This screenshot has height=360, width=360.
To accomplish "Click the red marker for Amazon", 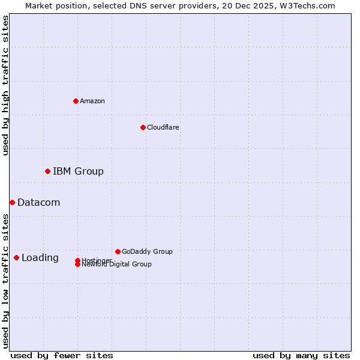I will click(x=76, y=101).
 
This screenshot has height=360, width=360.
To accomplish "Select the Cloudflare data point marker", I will click(x=143, y=127).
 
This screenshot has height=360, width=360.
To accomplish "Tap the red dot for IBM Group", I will click(x=47, y=172).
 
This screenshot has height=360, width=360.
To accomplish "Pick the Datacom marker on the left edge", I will click(x=12, y=203).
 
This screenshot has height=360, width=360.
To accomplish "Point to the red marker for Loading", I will click(x=16, y=258).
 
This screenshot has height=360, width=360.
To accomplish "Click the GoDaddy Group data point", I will click(x=118, y=251).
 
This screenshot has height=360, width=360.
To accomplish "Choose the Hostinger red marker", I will click(x=77, y=260).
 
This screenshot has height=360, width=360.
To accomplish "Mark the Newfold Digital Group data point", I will click(x=77, y=265).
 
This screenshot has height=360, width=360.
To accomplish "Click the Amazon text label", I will click(x=92, y=101).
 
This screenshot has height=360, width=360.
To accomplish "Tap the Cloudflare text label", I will click(x=163, y=127).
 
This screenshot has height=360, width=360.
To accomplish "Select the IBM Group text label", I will click(x=78, y=172).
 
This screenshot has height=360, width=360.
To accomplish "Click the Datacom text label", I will click(x=39, y=203).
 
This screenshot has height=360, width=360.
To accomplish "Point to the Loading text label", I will click(x=40, y=258).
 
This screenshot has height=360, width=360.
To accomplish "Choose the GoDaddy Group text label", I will click(x=147, y=251).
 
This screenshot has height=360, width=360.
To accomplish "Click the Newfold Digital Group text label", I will click(x=117, y=265).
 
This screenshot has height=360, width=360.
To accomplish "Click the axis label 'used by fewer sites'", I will click(x=62, y=356).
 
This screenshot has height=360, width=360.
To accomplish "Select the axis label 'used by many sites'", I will click(x=301, y=356).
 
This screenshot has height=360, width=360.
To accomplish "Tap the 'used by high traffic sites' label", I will click(x=5, y=85).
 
